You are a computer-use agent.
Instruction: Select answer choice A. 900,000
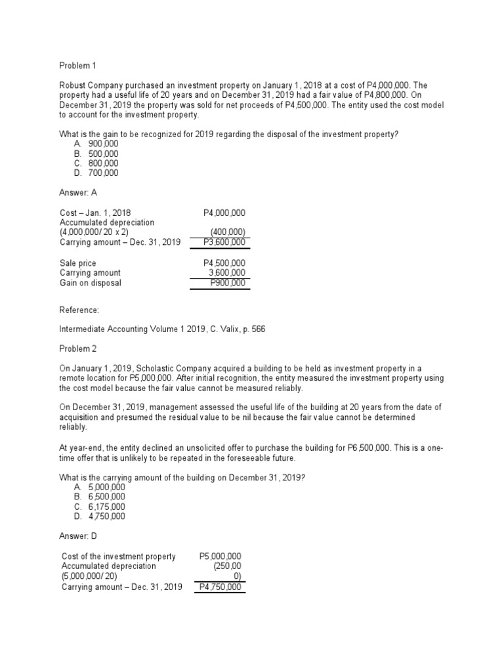[96, 144]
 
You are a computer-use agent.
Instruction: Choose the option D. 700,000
[96, 173]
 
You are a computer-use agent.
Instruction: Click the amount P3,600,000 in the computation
[224, 243]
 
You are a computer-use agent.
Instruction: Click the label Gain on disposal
[91, 283]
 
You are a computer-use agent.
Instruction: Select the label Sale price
[78, 263]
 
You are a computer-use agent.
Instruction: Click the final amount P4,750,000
[221, 587]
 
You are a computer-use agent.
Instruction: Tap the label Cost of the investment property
[119, 556]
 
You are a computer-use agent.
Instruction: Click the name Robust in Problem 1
[73, 85]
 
